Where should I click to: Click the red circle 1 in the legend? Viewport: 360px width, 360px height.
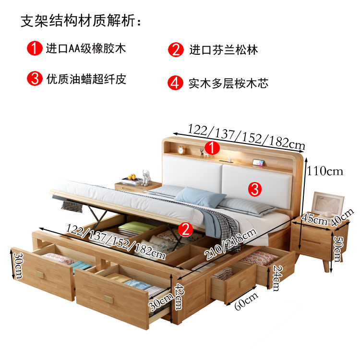(x=35, y=48)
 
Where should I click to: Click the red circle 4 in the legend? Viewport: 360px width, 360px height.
(x=175, y=83)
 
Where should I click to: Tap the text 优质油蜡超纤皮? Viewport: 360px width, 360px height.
(x=86, y=79)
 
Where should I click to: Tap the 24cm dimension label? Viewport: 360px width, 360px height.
(x=277, y=277)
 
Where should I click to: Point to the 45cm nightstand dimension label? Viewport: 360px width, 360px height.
(x=313, y=220)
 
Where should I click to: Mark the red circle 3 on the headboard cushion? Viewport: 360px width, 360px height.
(x=256, y=188)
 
